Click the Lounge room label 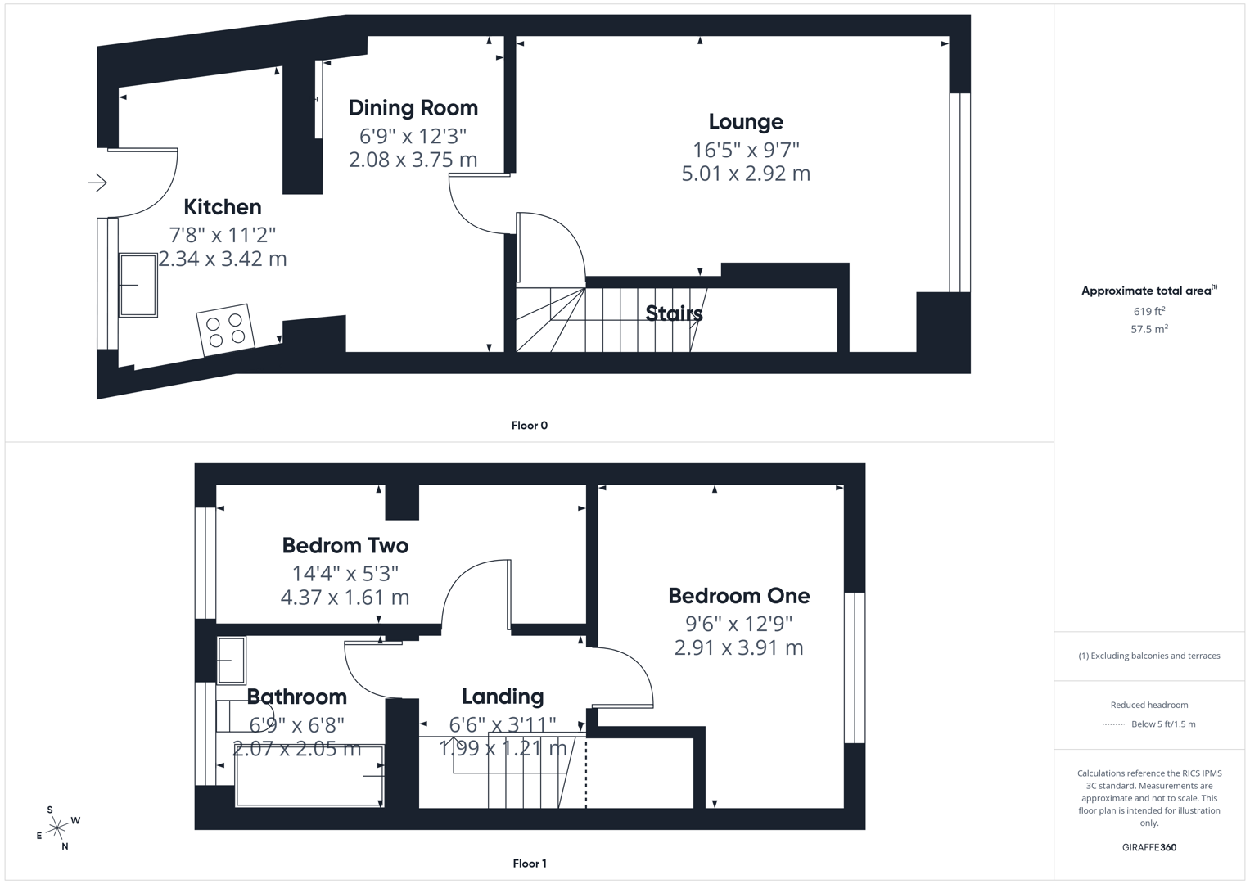coord(746,122)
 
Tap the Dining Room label coord(413,108)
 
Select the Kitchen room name coord(222,207)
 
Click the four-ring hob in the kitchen coord(225,329)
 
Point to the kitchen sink coord(138,285)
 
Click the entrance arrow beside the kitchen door coord(97,183)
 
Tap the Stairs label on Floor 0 coord(674,313)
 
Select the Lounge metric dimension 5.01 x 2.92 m coord(746,174)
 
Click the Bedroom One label coord(739,596)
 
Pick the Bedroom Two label coord(345,546)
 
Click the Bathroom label coord(297,697)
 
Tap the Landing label coord(503,697)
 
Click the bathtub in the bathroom coord(309,776)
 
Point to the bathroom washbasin coord(231,661)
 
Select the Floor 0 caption coord(529,426)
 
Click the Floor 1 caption coord(529,864)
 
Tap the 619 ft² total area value coord(1149,311)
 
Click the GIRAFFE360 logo coord(1149,847)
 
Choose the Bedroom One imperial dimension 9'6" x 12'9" coord(739,624)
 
